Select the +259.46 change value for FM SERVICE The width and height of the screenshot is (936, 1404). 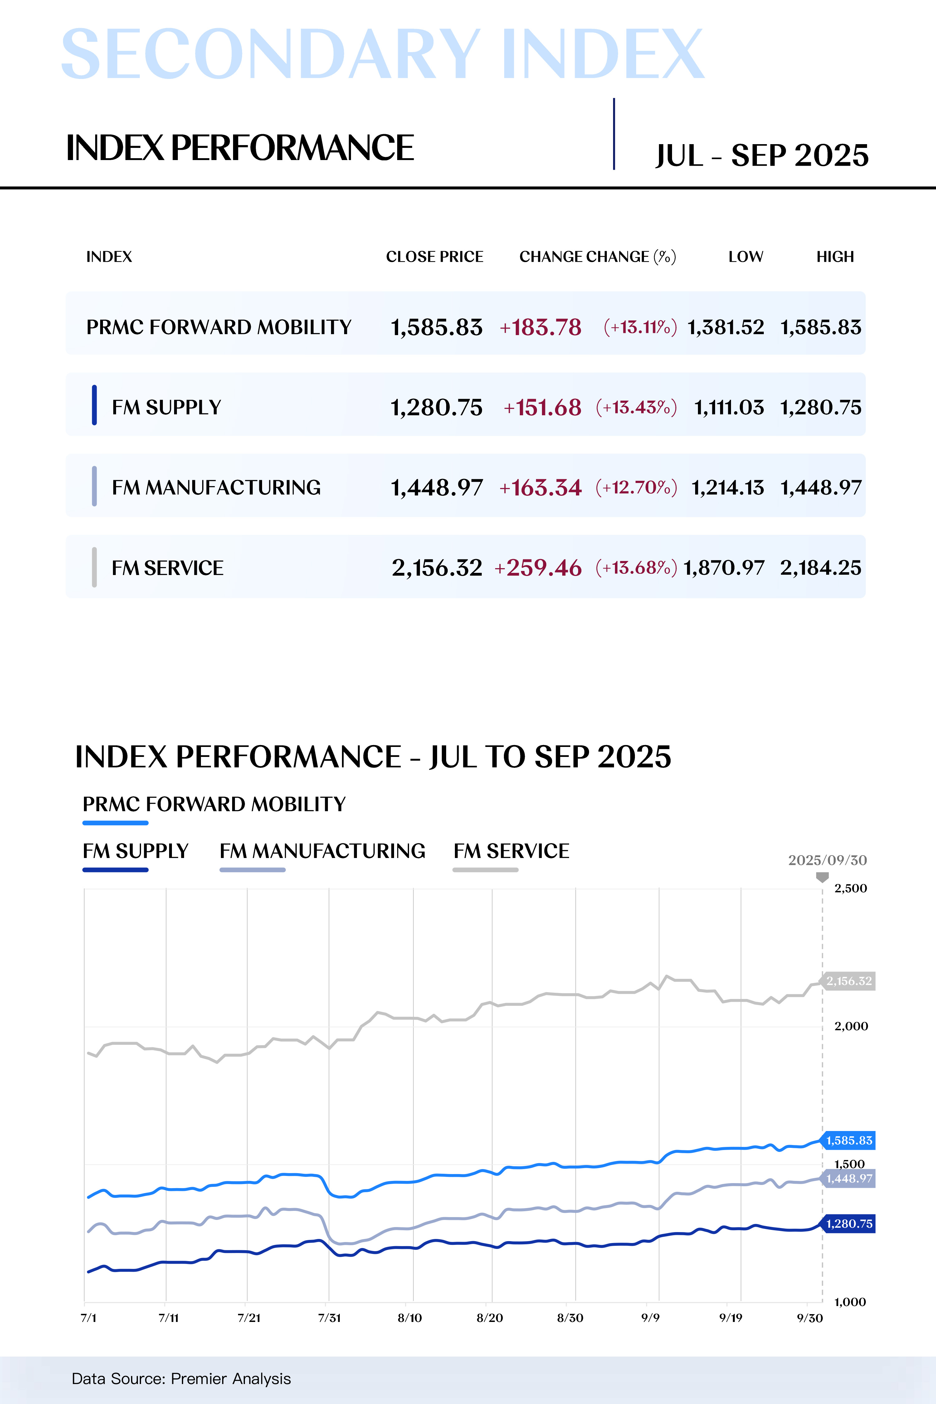point(538,568)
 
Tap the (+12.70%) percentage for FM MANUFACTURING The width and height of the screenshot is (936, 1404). point(636,488)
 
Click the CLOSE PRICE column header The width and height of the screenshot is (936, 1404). point(435,257)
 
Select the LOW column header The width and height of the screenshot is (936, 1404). point(746,257)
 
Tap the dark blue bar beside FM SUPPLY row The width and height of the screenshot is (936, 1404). point(94,405)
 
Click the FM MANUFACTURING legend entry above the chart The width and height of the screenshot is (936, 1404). point(322,851)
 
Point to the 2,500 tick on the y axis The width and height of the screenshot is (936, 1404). point(851,888)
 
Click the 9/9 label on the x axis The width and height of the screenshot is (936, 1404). point(650,1318)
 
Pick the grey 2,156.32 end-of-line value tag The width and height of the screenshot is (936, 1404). point(849,981)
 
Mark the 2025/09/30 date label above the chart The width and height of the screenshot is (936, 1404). point(827,860)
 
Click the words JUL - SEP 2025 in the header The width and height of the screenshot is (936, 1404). point(762,156)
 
